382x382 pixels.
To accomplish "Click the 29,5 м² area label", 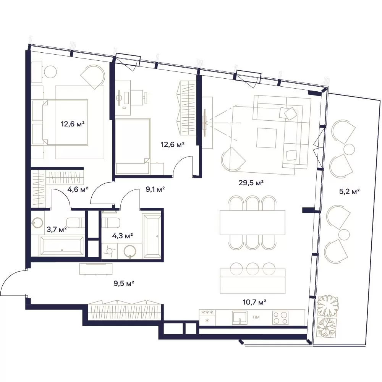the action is tap(251, 183).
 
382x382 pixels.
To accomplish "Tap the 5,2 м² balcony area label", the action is tap(350, 191).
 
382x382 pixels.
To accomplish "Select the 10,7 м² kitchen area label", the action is tap(254, 302).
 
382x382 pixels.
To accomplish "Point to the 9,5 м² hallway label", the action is tap(124, 283).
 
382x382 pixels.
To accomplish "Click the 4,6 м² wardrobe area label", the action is tap(78, 189).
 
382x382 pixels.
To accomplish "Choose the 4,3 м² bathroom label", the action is tap(122, 236).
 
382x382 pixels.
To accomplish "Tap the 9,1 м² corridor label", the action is tap(155, 189).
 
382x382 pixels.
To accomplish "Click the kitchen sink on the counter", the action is tap(240, 317).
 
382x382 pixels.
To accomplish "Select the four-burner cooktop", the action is tap(280, 317).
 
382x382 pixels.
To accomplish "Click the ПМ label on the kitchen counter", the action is tap(256, 317).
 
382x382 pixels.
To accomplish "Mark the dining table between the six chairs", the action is tap(253, 223).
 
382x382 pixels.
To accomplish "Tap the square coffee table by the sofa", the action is tap(267, 138).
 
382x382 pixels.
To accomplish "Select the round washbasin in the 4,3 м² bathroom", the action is tap(130, 252).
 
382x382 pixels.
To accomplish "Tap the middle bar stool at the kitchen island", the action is tap(253, 269).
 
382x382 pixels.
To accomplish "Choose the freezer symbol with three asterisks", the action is tap(207, 312).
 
